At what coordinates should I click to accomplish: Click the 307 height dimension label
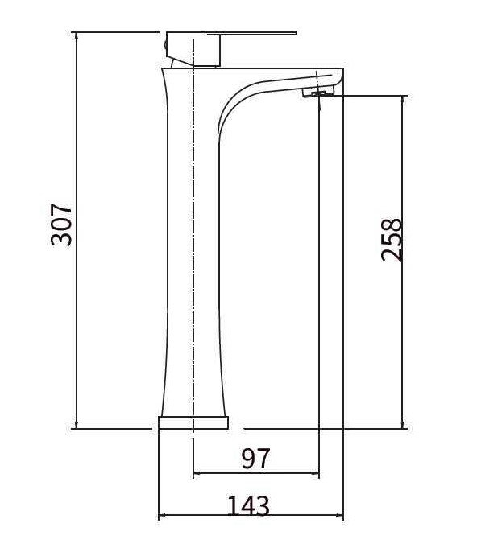tap(62, 225)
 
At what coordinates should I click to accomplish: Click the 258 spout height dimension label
tap(392, 240)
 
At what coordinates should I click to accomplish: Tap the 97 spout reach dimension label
tap(256, 458)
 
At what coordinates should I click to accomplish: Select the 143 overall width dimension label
tap(249, 505)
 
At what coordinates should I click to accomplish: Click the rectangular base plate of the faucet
tap(193, 422)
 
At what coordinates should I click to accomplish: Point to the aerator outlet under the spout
tap(317, 93)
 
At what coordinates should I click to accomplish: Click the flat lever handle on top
tap(251, 34)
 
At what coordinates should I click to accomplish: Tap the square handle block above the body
tap(193, 49)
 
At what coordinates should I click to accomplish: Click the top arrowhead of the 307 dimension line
tap(76, 36)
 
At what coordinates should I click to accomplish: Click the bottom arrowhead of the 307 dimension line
tap(76, 425)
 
